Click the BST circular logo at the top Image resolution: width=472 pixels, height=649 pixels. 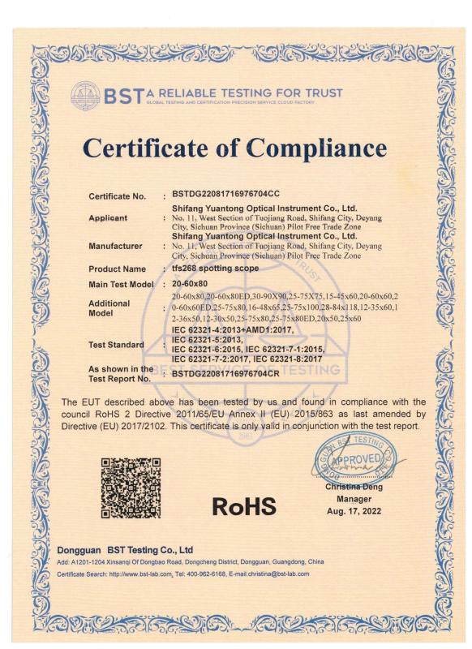pos(85,96)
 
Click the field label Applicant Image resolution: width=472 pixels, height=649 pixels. pos(108,218)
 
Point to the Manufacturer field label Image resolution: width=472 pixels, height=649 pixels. pos(115,246)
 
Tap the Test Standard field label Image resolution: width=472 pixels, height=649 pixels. pos(116,345)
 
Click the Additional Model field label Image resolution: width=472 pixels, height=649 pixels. pos(109,307)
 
